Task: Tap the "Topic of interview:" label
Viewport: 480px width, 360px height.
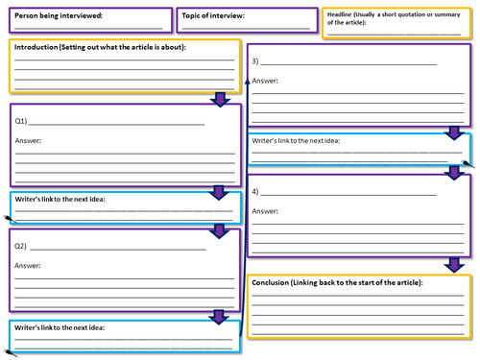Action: (213, 16)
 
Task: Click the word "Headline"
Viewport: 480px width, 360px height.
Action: (343, 14)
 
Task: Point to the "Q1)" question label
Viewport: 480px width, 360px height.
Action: (22, 122)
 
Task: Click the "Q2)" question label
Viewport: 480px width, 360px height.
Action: (22, 247)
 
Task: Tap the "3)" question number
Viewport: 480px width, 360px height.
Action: (255, 61)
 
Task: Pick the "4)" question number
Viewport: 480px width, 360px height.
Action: (255, 192)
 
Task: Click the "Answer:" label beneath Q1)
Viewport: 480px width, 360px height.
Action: (29, 141)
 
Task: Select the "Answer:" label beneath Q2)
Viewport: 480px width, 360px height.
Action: (29, 266)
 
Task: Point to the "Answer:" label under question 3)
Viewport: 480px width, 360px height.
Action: (266, 81)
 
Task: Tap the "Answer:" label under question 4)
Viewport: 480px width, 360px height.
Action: (266, 210)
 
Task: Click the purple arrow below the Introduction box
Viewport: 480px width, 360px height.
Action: (221, 98)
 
